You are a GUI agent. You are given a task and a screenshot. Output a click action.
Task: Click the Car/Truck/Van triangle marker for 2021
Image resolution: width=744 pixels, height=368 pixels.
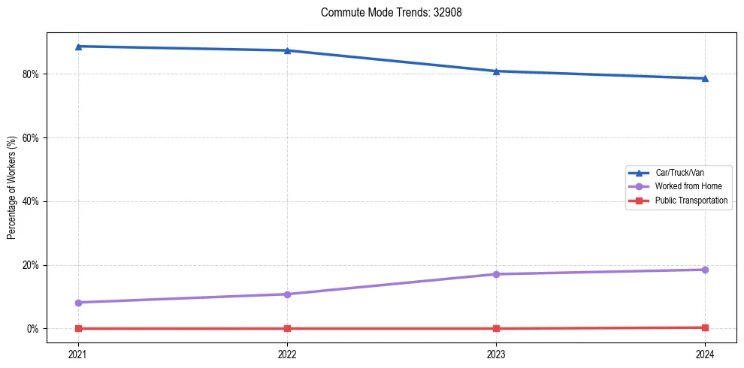pos(78,47)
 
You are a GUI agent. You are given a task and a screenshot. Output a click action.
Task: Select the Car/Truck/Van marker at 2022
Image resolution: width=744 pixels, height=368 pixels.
pos(287,50)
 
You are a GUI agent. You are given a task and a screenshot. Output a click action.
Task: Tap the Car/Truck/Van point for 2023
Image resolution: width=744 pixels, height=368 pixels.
pos(496,71)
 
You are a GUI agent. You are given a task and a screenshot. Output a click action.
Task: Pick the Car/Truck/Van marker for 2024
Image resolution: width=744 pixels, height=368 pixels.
pos(705,78)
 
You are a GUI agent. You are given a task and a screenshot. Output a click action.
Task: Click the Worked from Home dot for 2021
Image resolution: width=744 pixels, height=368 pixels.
pos(78,303)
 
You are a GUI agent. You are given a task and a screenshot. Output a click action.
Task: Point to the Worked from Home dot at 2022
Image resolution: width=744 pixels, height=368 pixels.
pos(287,294)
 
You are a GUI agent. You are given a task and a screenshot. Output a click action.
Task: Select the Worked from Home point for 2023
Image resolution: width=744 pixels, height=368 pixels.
pos(496,274)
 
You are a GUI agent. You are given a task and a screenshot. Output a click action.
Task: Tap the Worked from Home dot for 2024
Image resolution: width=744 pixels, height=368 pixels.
pos(705,270)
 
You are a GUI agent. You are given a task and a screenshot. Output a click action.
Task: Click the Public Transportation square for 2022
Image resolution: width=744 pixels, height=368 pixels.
pos(287,328)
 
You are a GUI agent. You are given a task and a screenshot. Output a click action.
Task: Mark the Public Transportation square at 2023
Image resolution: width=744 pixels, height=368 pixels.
pos(496,328)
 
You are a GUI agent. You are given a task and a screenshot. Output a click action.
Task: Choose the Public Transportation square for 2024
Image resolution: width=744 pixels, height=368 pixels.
pos(705,327)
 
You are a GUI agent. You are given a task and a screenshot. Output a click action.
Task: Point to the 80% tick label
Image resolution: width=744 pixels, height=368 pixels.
pos(32,74)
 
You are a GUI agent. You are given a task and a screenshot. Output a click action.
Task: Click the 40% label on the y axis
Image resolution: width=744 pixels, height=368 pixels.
pos(32,201)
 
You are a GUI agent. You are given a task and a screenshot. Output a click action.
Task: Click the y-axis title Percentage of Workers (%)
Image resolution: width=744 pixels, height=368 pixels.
pos(12,188)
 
